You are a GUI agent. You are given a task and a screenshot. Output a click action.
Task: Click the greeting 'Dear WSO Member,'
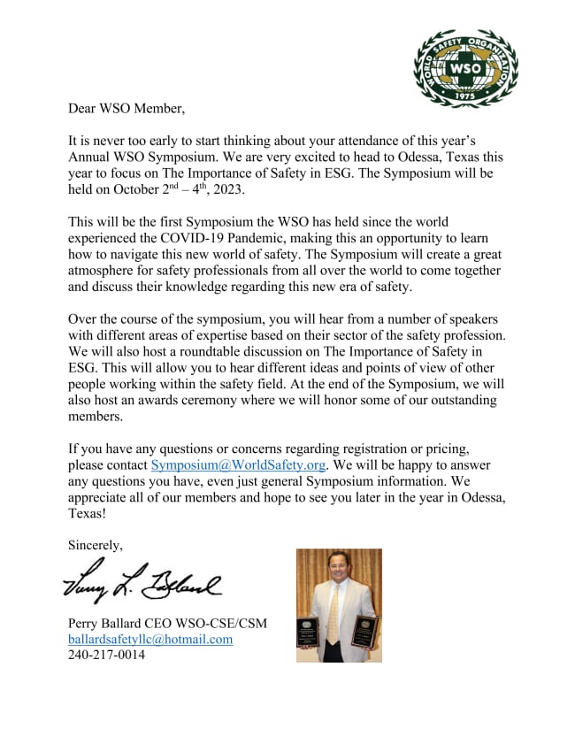[x=126, y=109]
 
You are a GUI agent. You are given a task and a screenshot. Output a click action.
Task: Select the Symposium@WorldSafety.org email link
[x=240, y=464]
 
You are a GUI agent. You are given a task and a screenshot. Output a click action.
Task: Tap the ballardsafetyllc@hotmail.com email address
[x=150, y=639]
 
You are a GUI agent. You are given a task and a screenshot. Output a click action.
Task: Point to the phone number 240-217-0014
[x=106, y=656]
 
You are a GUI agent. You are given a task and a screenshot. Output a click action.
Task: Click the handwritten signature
[x=142, y=580]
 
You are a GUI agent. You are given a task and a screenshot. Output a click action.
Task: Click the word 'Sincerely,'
[x=96, y=545]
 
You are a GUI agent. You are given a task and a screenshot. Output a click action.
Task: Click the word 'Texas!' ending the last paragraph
[x=87, y=514]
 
